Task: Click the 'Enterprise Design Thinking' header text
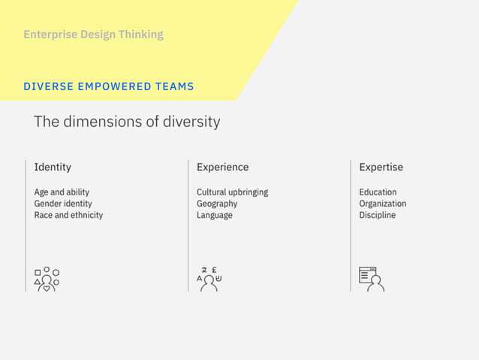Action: click(x=93, y=35)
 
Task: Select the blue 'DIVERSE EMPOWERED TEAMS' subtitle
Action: click(x=109, y=86)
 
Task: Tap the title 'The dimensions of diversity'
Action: click(x=127, y=122)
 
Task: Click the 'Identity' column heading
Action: click(x=53, y=167)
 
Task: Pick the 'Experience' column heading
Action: click(x=222, y=167)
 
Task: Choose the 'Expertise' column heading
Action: click(x=381, y=167)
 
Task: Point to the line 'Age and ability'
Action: click(x=62, y=192)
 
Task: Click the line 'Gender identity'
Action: click(x=63, y=204)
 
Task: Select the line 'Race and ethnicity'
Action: click(x=68, y=215)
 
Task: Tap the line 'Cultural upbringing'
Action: click(x=232, y=192)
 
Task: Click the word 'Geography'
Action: click(x=217, y=204)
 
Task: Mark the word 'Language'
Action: click(x=215, y=215)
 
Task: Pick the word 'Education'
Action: click(x=378, y=192)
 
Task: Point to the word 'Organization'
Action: click(x=382, y=204)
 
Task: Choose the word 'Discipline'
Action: click(x=377, y=215)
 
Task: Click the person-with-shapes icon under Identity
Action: click(x=47, y=279)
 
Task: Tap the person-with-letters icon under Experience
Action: click(x=209, y=279)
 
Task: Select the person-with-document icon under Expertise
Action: click(x=372, y=279)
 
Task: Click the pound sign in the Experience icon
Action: click(x=215, y=270)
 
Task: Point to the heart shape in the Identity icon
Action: click(x=47, y=288)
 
